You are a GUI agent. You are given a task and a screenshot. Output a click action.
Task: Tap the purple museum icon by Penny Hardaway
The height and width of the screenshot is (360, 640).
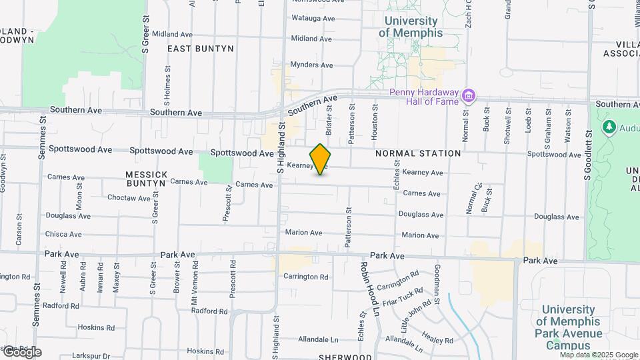[469, 97]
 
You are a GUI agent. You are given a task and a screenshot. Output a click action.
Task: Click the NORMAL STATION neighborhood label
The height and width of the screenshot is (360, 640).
[418, 153]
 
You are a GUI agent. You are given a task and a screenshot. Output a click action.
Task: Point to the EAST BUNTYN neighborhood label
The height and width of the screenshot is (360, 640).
[201, 49]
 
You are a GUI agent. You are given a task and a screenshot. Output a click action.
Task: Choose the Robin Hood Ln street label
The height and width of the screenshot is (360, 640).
[369, 288]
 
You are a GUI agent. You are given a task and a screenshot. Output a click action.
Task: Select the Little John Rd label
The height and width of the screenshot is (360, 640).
[416, 315]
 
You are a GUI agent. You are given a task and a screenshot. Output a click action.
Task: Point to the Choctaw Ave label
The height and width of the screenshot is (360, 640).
[129, 198]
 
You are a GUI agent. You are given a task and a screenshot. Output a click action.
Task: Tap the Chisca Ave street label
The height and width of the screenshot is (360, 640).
[63, 234]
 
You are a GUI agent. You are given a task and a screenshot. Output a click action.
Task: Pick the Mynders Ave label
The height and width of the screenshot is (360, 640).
[311, 65]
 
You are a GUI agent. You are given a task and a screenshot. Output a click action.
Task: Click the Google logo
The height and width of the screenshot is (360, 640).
[22, 352]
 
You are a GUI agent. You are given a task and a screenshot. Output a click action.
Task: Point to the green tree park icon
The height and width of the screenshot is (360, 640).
[608, 127]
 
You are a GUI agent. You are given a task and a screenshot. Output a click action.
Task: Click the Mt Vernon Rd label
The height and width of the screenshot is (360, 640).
[195, 281]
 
